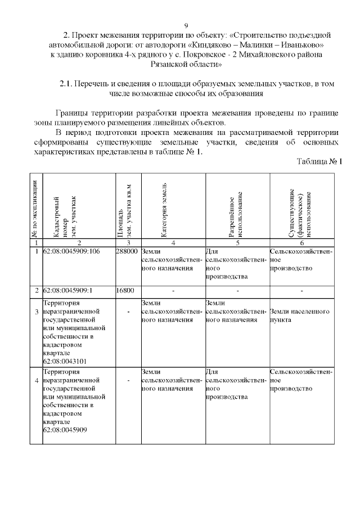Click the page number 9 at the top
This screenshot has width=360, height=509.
point(186,25)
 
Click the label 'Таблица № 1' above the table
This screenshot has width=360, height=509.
point(319,162)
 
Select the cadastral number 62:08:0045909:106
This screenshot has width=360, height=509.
point(71,251)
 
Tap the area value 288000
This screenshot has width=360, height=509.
point(127,251)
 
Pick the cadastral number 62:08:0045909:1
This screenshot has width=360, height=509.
point(67,290)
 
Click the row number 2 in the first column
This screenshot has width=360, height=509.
point(36,290)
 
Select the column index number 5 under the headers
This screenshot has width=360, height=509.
point(237,242)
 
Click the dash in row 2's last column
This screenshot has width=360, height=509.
point(302,290)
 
